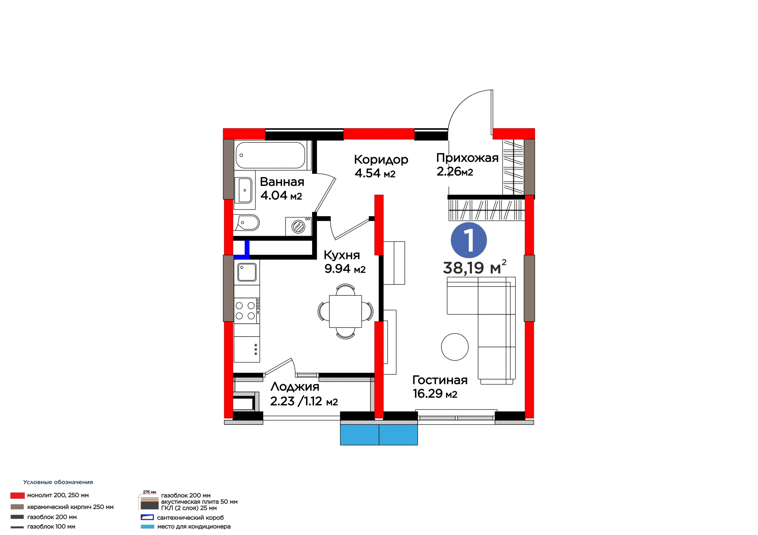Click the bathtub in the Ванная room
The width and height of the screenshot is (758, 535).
[x=270, y=155]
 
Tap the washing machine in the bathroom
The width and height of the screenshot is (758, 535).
[x=298, y=226]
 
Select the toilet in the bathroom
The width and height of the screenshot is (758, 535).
[x=247, y=223]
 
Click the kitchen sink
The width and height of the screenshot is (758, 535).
[x=247, y=272]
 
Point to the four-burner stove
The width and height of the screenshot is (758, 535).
[x=247, y=311]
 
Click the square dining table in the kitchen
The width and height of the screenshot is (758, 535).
[x=345, y=311]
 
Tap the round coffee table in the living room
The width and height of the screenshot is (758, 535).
[x=455, y=347]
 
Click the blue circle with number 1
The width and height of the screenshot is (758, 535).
[x=469, y=240]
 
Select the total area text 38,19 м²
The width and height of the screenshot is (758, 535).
[x=474, y=267]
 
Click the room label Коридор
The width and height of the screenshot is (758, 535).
[x=381, y=160]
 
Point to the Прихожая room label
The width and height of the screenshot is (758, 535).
[x=467, y=158]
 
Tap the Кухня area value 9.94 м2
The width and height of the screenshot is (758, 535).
[x=345, y=269]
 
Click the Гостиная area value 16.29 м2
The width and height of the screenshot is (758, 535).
[x=435, y=394]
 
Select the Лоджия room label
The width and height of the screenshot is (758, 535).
[x=295, y=386]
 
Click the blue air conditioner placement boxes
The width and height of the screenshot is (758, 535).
[x=379, y=435]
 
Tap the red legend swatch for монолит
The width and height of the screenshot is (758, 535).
[x=17, y=495]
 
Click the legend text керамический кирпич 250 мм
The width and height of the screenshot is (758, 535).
[x=70, y=507]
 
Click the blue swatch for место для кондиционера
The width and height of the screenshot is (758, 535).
[x=147, y=527]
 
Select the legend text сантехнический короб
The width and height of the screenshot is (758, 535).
[x=190, y=518]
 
